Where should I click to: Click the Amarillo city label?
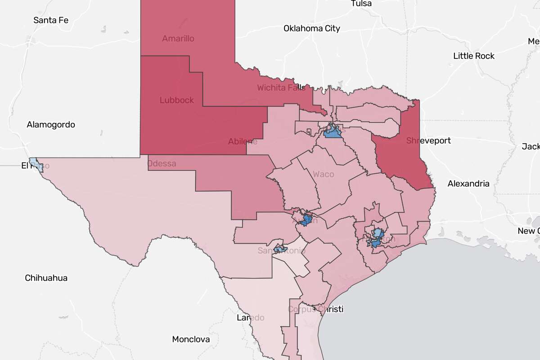click(178, 39)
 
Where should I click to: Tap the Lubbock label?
click(177, 100)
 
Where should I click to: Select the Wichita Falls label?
click(281, 88)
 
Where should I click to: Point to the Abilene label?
click(243, 141)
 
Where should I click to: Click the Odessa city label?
click(162, 163)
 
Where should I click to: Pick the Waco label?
click(324, 174)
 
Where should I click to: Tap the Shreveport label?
click(428, 141)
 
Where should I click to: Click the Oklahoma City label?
click(312, 28)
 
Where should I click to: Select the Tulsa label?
click(361, 4)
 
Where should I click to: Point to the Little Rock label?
click(474, 56)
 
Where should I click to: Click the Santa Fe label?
click(51, 20)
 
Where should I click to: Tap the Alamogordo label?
click(51, 125)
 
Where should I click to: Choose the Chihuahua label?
click(46, 278)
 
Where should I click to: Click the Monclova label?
click(191, 339)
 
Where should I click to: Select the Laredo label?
click(251, 318)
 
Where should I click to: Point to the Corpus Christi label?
click(315, 309)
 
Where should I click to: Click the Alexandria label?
click(468, 184)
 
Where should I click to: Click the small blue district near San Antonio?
click(280, 248)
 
